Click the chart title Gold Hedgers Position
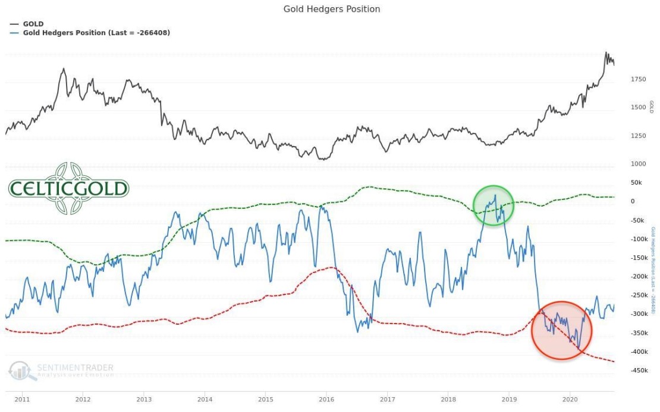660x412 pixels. tap(331, 9)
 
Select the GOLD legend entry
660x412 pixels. tap(33, 24)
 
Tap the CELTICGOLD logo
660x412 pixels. tap(68, 189)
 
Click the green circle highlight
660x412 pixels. tap(493, 205)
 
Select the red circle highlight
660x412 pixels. tap(561, 331)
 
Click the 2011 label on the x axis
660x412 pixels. tap(22, 400)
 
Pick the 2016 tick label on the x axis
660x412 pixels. tap(326, 400)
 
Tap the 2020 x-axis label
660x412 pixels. tap(570, 400)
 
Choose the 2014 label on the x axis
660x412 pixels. tap(205, 400)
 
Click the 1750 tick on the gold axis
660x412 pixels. tap(638, 79)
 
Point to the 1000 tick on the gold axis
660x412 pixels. tap(638, 164)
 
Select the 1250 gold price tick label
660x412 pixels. tap(638, 136)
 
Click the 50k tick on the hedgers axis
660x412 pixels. tap(636, 183)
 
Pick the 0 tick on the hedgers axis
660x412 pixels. tap(632, 201)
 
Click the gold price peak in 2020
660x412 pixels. tap(606, 52)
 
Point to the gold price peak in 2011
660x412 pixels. tap(64, 69)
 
